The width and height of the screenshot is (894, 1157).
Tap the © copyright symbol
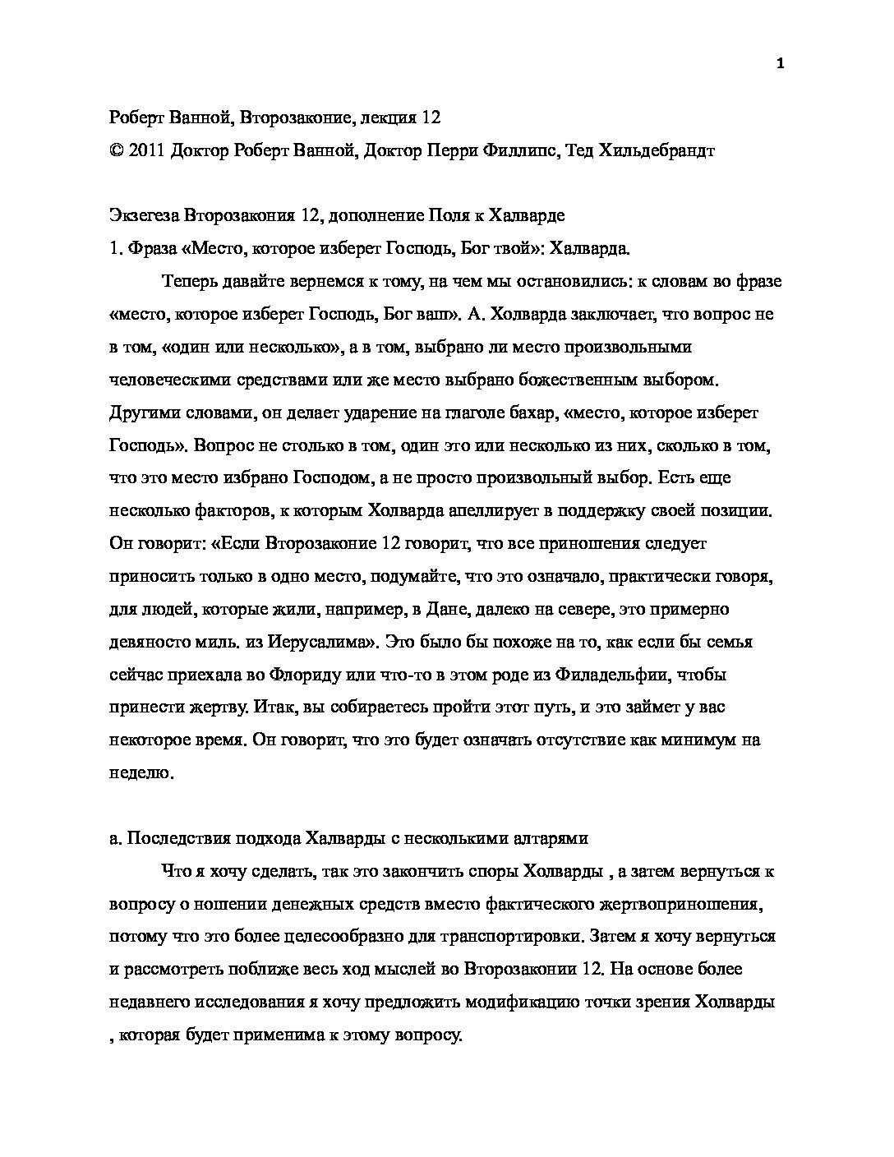point(115,150)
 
